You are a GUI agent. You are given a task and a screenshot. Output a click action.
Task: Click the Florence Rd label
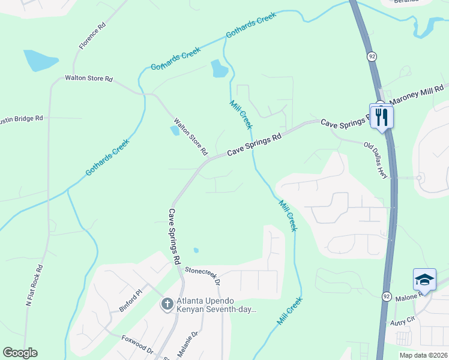[x=92, y=36]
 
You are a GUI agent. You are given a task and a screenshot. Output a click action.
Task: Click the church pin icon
[x=167, y=305]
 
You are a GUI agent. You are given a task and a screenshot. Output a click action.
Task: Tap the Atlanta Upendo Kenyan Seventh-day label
[x=216, y=305]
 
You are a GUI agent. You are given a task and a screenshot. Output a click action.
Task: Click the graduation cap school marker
[x=424, y=280]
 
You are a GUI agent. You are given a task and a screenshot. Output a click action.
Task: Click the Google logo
[x=20, y=353]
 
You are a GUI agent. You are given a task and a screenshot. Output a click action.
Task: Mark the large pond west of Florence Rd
[x=40, y=60]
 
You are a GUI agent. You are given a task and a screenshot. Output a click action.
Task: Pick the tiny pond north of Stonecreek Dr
[x=196, y=250]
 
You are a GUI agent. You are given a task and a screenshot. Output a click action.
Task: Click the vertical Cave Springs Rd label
[x=175, y=237]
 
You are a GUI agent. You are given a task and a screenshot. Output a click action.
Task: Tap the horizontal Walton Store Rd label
[x=89, y=79]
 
